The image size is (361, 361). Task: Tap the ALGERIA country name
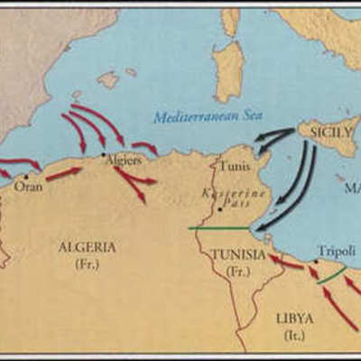[87, 246]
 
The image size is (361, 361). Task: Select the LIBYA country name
[295, 318]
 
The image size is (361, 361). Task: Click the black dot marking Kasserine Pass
[219, 209]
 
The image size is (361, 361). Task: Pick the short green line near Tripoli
[331, 274]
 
